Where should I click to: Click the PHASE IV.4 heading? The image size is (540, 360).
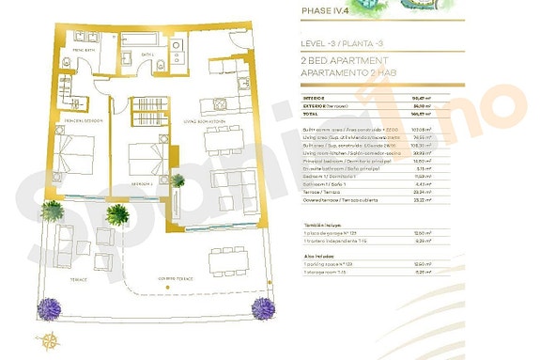tap(324, 12)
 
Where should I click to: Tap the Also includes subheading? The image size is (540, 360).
tap(317, 255)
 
